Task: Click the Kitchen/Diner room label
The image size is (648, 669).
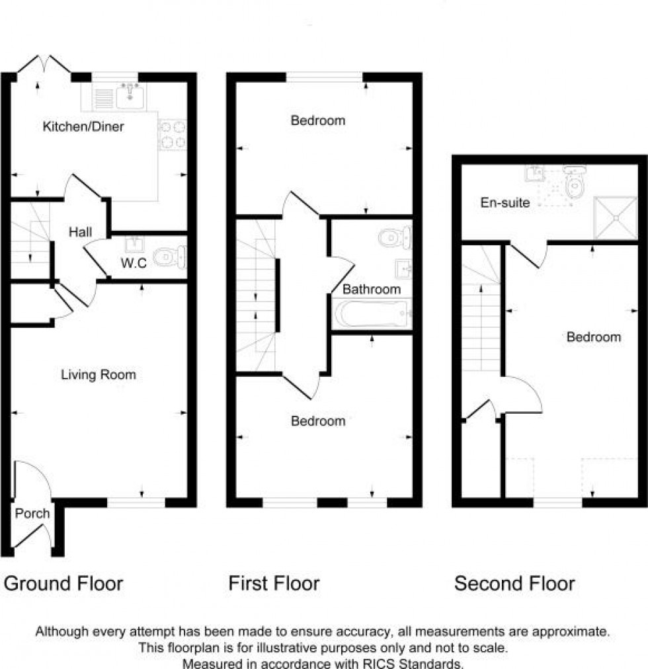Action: coord(83,126)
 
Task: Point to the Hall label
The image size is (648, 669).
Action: coord(81,232)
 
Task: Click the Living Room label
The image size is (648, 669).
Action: coord(98,375)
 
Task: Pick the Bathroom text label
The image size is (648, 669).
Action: coord(372,290)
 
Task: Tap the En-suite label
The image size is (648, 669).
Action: coord(505,203)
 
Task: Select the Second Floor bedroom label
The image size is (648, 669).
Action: coord(594,337)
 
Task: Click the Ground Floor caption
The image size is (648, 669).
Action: coord(63,584)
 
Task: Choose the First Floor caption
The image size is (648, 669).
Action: coord(274,584)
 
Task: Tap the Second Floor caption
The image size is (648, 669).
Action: coord(514,584)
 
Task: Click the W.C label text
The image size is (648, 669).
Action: coord(134,262)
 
